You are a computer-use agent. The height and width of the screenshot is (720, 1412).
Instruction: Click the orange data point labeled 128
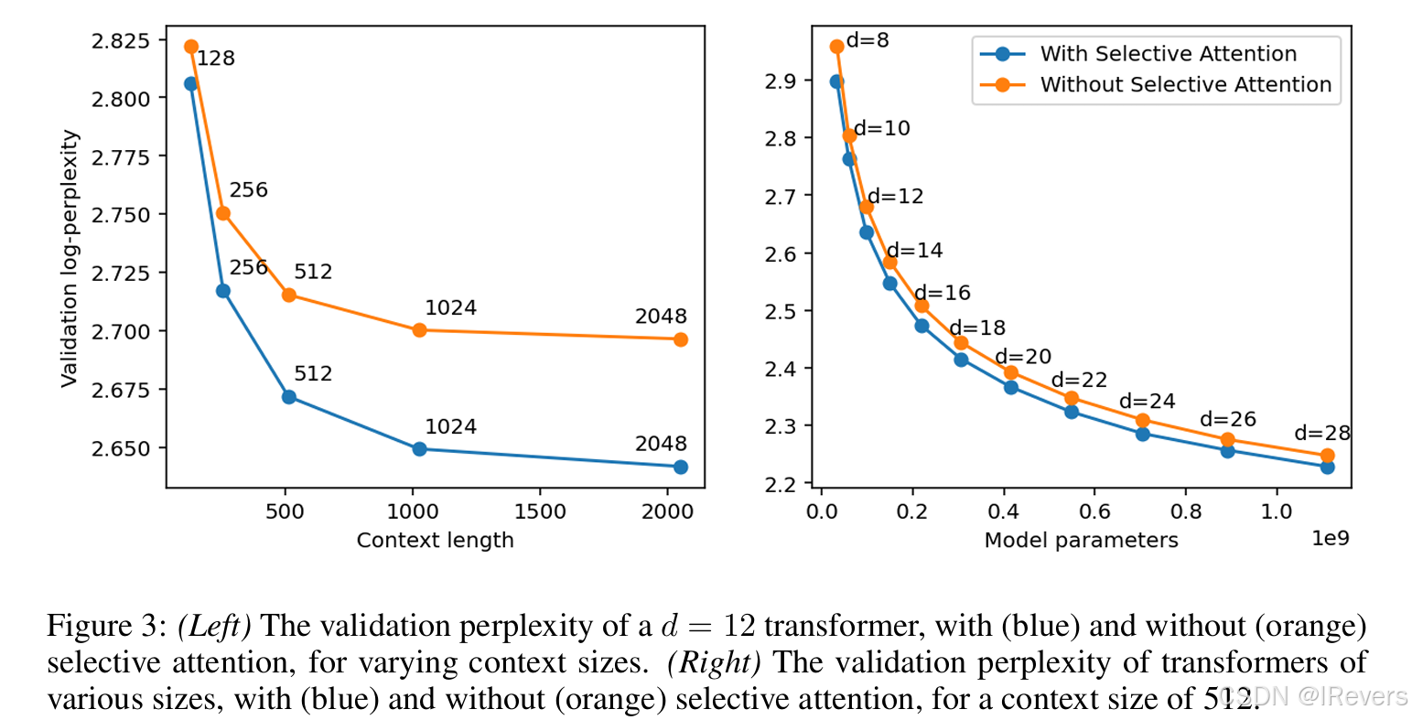191,47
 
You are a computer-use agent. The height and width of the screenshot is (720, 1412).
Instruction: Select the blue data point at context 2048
680,467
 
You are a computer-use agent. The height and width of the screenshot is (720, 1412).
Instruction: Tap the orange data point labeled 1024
419,329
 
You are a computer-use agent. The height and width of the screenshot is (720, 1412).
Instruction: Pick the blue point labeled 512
289,397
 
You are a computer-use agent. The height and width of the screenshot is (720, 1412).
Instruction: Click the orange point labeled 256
223,213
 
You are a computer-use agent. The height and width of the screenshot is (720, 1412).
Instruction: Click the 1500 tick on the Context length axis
540,511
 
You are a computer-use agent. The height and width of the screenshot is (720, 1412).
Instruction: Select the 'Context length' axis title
435,541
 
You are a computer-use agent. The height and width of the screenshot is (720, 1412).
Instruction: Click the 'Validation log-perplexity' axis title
70,259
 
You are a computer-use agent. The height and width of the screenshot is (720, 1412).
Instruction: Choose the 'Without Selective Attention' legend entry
1185,85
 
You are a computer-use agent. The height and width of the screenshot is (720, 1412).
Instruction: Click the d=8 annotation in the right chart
868,40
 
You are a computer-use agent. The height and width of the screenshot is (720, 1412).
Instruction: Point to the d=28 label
1322,434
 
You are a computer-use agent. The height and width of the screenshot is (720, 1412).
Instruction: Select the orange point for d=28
1327,456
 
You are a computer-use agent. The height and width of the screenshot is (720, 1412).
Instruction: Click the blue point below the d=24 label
1142,434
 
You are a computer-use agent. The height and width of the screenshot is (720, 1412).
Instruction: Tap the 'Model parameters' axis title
1081,541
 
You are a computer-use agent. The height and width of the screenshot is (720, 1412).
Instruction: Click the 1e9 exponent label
1331,538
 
